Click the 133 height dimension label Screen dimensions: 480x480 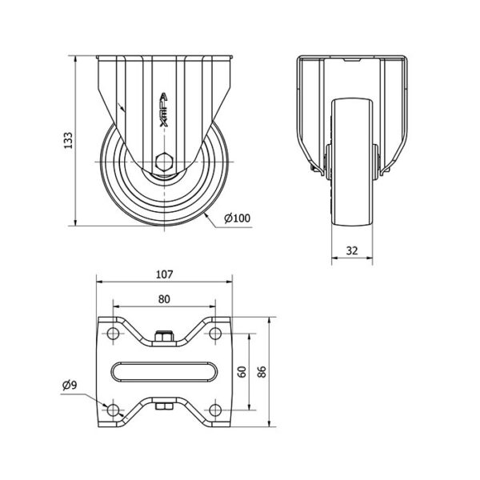pyautogui.click(x=68, y=141)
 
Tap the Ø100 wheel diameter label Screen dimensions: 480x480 pyautogui.click(x=237, y=218)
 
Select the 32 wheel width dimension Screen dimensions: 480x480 pyautogui.click(x=352, y=250)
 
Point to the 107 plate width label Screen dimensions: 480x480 pyautogui.click(x=164, y=274)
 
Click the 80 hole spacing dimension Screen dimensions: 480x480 pyautogui.click(x=164, y=299)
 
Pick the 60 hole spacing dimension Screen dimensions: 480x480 pyautogui.click(x=242, y=372)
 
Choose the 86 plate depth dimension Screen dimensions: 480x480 pyautogui.click(x=262, y=372)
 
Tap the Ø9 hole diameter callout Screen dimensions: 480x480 pyautogui.click(x=70, y=385)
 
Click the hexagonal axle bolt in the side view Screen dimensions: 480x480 pyautogui.click(x=164, y=162)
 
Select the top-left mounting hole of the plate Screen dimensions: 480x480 pyautogui.click(x=114, y=333)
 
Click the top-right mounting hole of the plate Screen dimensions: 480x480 pyautogui.click(x=215, y=333)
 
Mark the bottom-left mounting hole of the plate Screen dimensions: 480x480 pyautogui.click(x=114, y=410)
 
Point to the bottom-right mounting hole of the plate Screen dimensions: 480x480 pyautogui.click(x=215, y=410)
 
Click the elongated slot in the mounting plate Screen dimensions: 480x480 pyautogui.click(x=164, y=372)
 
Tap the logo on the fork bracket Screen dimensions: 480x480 pyautogui.click(x=164, y=110)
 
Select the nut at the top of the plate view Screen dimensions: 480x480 pyautogui.click(x=164, y=337)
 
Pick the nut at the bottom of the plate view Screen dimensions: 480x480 pyautogui.click(x=164, y=406)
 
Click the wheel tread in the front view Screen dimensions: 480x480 pyautogui.click(x=352, y=162)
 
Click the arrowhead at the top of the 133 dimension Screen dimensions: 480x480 pyautogui.click(x=75, y=59)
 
